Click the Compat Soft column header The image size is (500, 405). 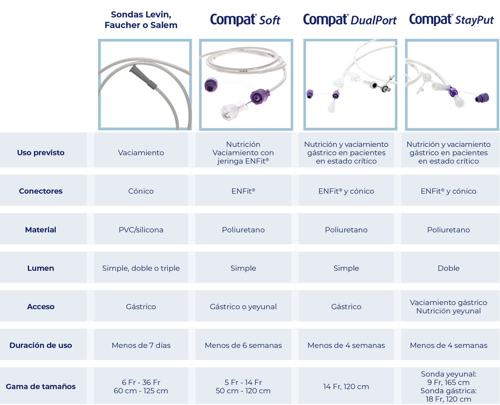tap(245, 20)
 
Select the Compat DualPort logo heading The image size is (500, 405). tap(350, 20)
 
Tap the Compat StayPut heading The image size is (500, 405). tap(451, 20)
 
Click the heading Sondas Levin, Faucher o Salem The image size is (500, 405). tap(141, 20)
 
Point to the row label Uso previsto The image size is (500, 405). tap(41, 152)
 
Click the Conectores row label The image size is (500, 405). tap(41, 191)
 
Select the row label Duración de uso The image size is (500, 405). tap(41, 345)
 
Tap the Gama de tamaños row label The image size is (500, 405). tap(41, 386)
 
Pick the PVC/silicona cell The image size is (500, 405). tap(141, 230)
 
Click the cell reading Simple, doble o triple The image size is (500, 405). tap(141, 268)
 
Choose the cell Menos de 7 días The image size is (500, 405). tap(141, 345)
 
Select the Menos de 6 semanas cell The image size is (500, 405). tap(243, 345)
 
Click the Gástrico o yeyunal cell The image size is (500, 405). tap(243, 307)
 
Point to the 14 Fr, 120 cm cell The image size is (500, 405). tap(346, 386)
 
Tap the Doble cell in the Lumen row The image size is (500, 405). tap(448, 268)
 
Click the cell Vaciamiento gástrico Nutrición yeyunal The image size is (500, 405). tap(448, 307)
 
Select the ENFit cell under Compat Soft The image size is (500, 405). tap(243, 191)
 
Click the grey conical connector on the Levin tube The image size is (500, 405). tap(143, 77)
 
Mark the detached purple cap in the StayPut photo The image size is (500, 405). tap(482, 98)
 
